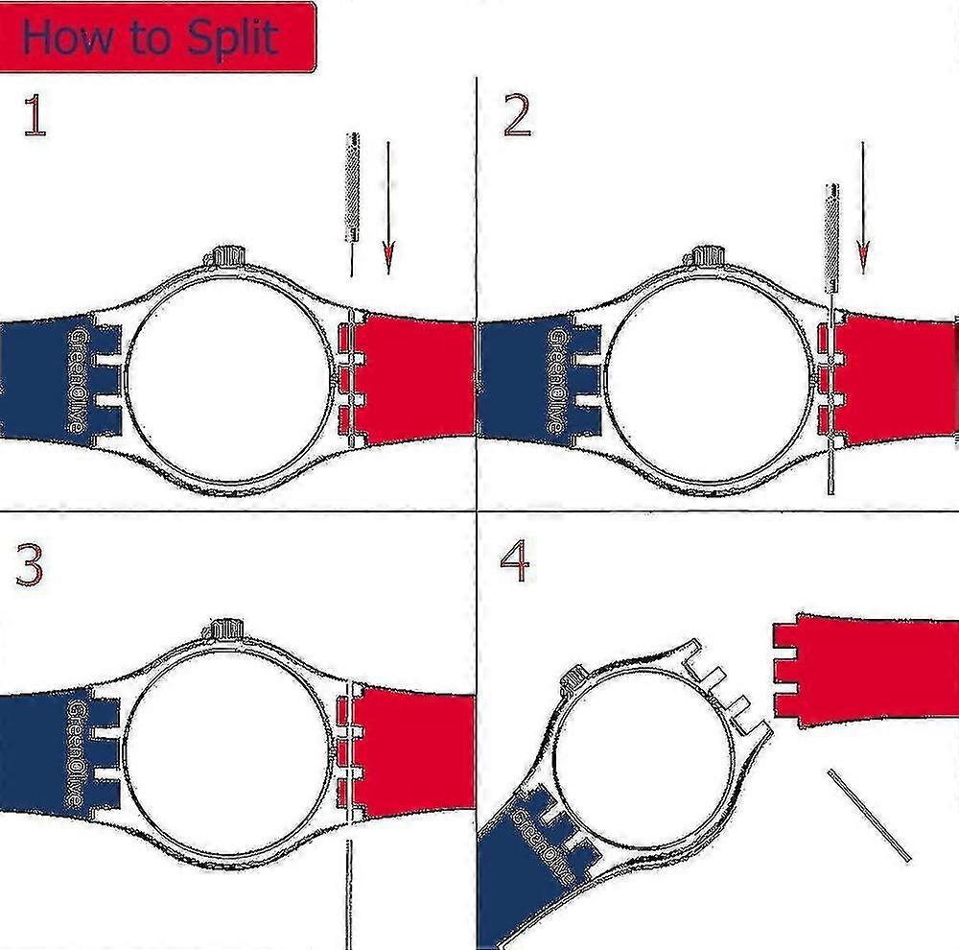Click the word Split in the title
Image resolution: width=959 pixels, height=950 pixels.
coord(233,38)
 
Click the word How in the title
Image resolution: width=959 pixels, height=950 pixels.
coord(67,36)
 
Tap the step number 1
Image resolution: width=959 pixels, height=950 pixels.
coord(35,115)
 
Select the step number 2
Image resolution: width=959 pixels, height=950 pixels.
coord(517,115)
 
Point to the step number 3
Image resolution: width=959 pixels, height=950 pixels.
coord(30,566)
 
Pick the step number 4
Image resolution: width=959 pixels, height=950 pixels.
coord(514,561)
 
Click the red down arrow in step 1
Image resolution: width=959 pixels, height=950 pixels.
coord(388,208)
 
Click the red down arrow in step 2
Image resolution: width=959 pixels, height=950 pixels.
coord(863,208)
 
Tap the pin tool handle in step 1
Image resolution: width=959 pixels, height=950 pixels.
coord(353,187)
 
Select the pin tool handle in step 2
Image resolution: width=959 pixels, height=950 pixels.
coord(831,238)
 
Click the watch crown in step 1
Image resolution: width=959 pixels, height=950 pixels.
coord(229,255)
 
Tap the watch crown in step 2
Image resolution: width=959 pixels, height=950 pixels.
coord(709,255)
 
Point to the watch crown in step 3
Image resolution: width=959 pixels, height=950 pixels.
coord(227,629)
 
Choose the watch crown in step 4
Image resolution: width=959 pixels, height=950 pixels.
coord(574,677)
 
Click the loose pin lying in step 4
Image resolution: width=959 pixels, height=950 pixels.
coord(869,816)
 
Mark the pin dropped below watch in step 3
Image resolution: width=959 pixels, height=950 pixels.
coord(349,894)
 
